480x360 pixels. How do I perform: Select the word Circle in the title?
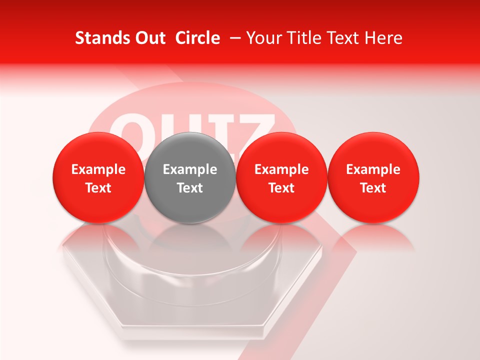pyautogui.click(x=197, y=38)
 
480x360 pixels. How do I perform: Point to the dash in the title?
pyautogui.click(x=233, y=38)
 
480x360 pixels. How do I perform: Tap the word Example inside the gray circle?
pyautogui.click(x=190, y=169)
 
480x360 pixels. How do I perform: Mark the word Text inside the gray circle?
pyautogui.click(x=190, y=188)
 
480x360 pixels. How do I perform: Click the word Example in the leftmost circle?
pyautogui.click(x=98, y=169)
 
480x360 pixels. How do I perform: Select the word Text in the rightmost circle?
pyautogui.click(x=373, y=188)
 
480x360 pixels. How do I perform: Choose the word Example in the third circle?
pyautogui.click(x=281, y=169)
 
